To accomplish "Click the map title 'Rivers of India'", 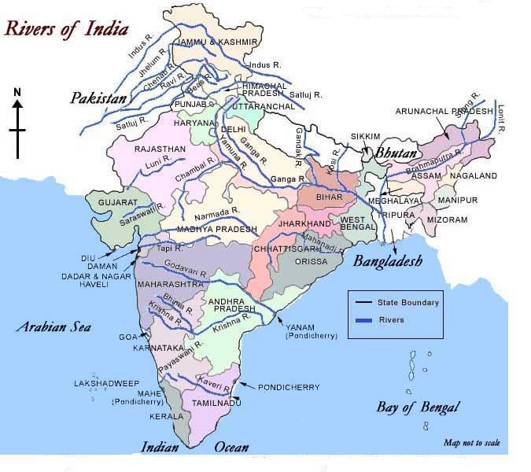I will pos(68,28).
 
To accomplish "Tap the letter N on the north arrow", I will pos(17,92).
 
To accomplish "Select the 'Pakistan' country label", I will pos(98,98).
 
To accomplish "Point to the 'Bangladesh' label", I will pos(387,260).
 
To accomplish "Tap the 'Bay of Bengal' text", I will pos(417,407).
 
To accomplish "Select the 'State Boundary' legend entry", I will pos(407,302).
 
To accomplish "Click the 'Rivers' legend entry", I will pos(392,320).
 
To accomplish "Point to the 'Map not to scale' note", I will pos(470,442).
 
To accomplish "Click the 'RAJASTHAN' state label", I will pos(160,149).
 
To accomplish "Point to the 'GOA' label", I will pos(127,337).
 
